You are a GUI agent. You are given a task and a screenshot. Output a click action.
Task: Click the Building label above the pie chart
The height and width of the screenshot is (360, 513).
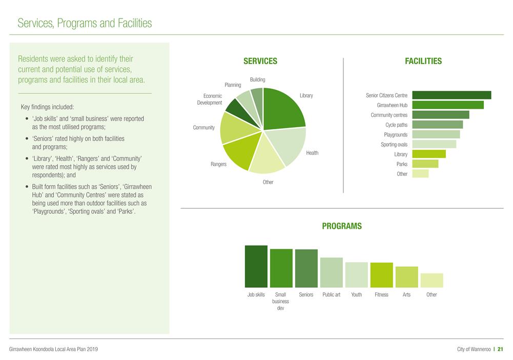pyautogui.click(x=257, y=79)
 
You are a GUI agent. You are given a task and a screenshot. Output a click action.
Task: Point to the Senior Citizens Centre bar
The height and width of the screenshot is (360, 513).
pyautogui.click(x=452, y=95)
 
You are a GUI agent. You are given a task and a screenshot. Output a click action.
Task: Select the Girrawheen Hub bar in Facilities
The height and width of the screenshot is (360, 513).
pyautogui.click(x=447, y=105)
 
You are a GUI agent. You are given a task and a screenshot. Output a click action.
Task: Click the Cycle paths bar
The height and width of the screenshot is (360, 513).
pyautogui.click(x=437, y=125)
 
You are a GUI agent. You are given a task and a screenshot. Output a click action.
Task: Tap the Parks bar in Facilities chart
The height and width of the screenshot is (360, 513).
pyautogui.click(x=425, y=164)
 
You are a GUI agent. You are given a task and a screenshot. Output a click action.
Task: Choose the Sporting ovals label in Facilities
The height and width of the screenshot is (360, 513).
pyautogui.click(x=394, y=145)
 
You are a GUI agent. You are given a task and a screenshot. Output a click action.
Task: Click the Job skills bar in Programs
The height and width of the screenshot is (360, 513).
pyautogui.click(x=256, y=266)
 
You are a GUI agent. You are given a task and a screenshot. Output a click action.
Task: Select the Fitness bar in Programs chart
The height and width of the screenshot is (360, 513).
pyautogui.click(x=381, y=275)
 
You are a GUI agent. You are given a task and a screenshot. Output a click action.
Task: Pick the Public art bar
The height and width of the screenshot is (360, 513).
pyautogui.click(x=332, y=272)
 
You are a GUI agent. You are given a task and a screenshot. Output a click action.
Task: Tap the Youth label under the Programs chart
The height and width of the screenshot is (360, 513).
pyautogui.click(x=356, y=295)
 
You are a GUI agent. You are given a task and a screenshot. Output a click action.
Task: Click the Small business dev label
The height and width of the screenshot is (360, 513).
pyautogui.click(x=280, y=302)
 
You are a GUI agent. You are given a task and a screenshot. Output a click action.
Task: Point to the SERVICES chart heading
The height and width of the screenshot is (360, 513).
pyautogui.click(x=260, y=61)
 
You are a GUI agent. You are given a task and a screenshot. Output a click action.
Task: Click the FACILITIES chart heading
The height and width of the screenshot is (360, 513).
pyautogui.click(x=423, y=61)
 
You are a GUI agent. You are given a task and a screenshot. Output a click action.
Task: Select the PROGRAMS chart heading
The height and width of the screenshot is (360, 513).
pyautogui.click(x=341, y=226)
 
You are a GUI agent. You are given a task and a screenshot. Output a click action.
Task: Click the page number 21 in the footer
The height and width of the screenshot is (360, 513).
pyautogui.click(x=500, y=349)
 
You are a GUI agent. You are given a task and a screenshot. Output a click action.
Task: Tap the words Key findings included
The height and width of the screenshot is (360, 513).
pyautogui.click(x=47, y=107)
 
